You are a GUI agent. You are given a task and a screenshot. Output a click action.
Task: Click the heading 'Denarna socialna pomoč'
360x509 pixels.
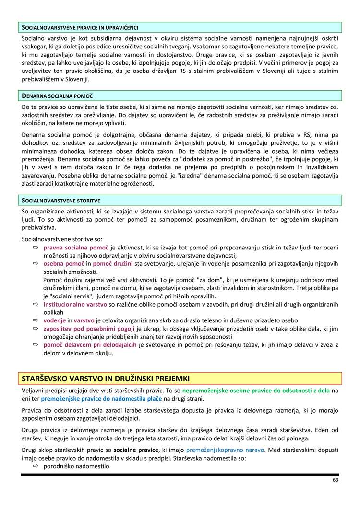coord(58,96)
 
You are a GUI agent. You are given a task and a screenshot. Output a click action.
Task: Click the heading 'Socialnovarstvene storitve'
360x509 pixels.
coord(61,200)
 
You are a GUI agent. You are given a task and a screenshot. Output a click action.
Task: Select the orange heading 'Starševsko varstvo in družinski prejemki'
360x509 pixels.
coord(106,379)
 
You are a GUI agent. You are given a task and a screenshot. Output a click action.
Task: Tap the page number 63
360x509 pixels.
coord(336,480)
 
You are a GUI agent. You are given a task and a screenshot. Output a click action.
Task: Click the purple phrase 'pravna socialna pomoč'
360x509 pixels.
coord(76,248)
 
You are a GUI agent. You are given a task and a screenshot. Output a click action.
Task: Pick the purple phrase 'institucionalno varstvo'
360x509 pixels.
coord(75,304)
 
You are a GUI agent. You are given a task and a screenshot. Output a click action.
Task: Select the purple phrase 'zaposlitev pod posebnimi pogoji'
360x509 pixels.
coord(89,329)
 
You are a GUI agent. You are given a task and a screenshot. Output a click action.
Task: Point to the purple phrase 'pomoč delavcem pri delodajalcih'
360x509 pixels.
coord(90,345)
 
